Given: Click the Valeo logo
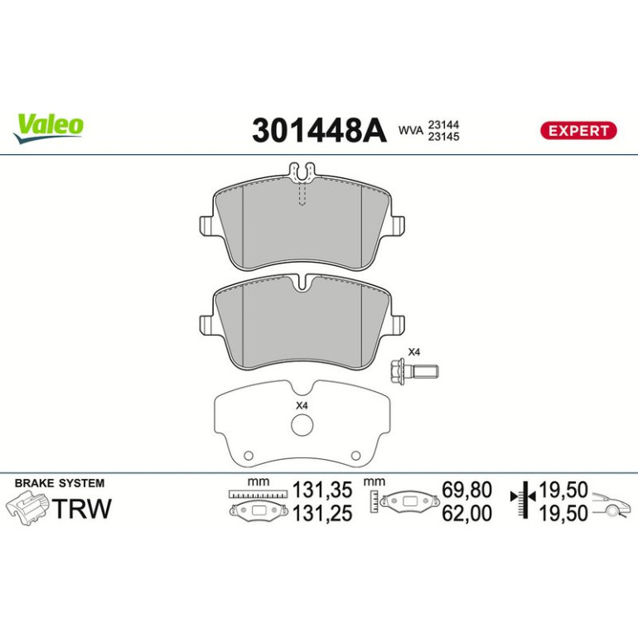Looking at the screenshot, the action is [48, 128].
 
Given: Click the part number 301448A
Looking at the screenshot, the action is [319, 130].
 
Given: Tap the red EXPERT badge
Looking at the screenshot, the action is [578, 131].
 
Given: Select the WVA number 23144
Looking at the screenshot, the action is [443, 124].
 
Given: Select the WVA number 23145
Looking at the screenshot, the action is [443, 137].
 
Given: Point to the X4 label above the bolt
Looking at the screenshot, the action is [413, 352].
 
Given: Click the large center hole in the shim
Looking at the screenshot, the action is [302, 425].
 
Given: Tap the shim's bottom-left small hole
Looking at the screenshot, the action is [249, 456].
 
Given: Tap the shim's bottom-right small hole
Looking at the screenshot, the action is [355, 456].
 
